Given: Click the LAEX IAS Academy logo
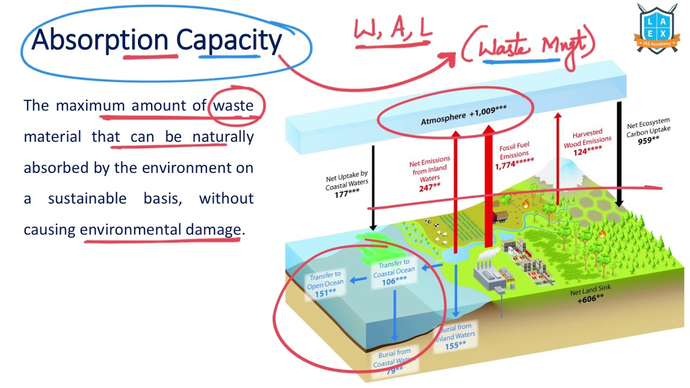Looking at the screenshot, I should pyautogui.click(x=657, y=27).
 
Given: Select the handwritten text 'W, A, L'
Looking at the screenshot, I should pyautogui.click(x=393, y=31).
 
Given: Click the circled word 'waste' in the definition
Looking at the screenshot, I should pyautogui.click(x=233, y=105).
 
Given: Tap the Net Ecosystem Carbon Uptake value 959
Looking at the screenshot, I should pyautogui.click(x=648, y=140).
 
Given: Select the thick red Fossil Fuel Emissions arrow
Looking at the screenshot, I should pyautogui.click(x=489, y=189).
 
